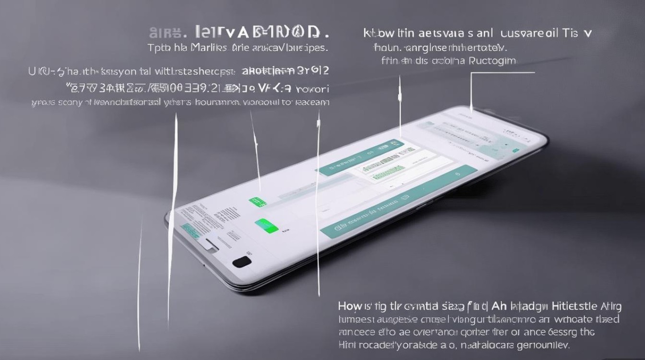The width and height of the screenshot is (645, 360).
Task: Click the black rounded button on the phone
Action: click(x=241, y=262)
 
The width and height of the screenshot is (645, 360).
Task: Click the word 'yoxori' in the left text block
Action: click(x=312, y=89)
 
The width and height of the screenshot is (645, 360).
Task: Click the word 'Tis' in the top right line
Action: click(x=572, y=33)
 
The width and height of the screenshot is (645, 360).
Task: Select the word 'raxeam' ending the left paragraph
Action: click(x=312, y=102)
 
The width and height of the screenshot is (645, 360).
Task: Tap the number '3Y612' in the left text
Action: click(x=312, y=72)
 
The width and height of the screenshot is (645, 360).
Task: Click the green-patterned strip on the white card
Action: click(x=382, y=168)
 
